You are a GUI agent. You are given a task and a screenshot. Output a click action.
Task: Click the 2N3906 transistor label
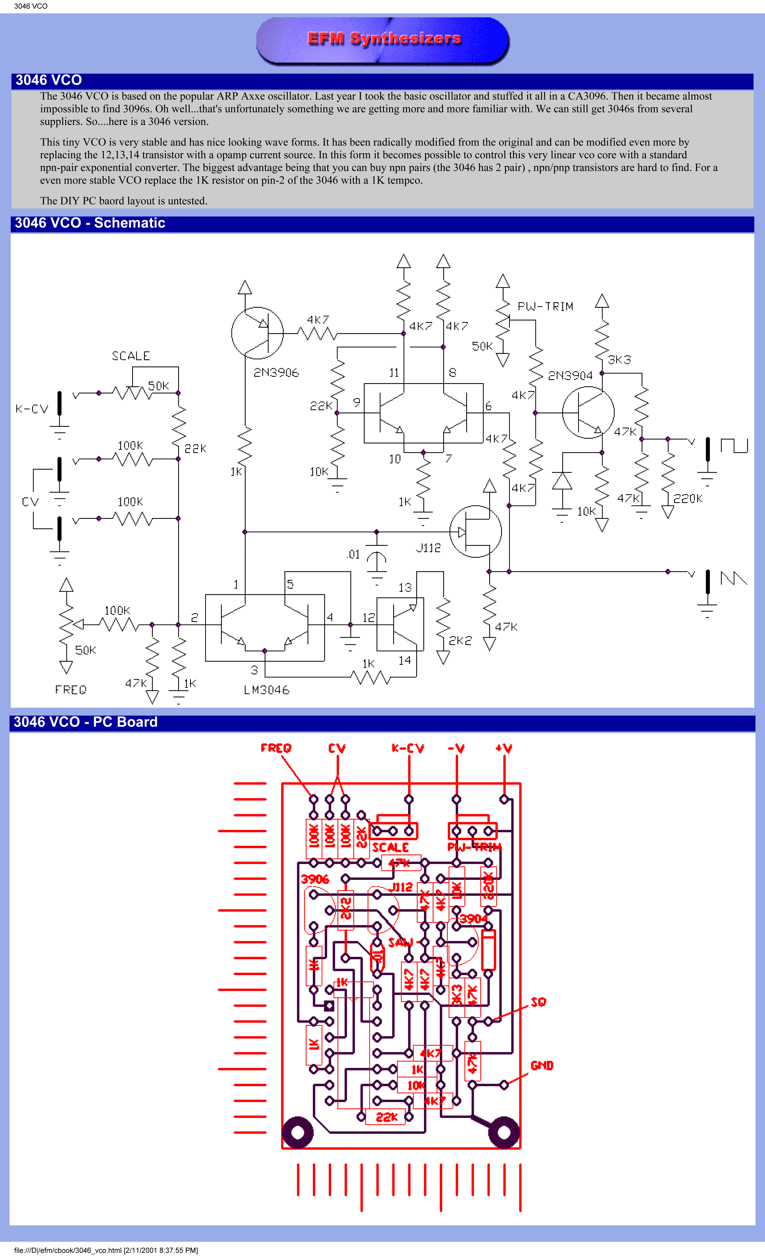276,373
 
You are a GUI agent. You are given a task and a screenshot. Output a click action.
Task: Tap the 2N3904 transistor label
570,376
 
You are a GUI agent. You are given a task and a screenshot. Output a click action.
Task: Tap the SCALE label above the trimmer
130,356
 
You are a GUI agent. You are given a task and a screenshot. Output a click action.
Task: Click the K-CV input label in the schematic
32,409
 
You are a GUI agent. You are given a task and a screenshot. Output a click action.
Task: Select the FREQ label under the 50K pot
71,690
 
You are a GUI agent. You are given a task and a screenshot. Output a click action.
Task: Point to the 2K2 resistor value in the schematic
460,641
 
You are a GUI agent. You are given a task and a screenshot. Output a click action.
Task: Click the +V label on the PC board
504,748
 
